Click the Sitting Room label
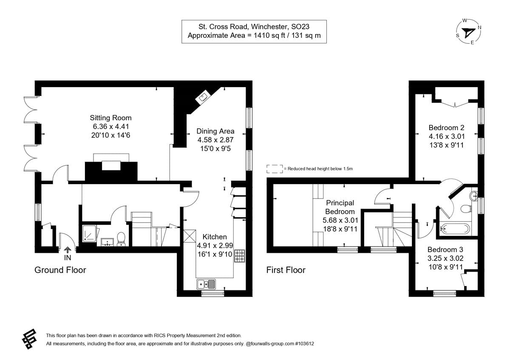click(110, 118)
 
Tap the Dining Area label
click(215, 131)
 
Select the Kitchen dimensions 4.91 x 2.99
click(214, 245)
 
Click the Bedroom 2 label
click(446, 128)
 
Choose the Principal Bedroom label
click(340, 207)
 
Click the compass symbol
click(468, 31)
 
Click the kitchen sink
click(207, 283)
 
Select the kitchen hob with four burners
click(239, 255)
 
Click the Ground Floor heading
click(60, 270)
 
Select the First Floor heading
click(286, 270)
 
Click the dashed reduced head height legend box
click(275, 169)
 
